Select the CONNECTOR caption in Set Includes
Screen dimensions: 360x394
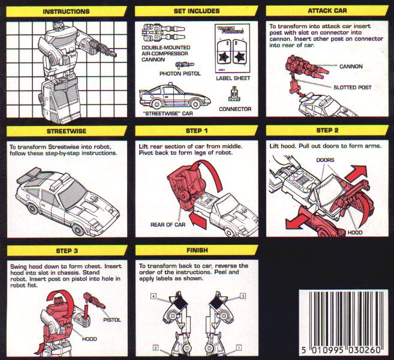[235, 109]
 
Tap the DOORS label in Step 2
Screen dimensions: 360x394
[325, 160]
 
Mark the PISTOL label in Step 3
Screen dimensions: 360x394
[112, 320]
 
